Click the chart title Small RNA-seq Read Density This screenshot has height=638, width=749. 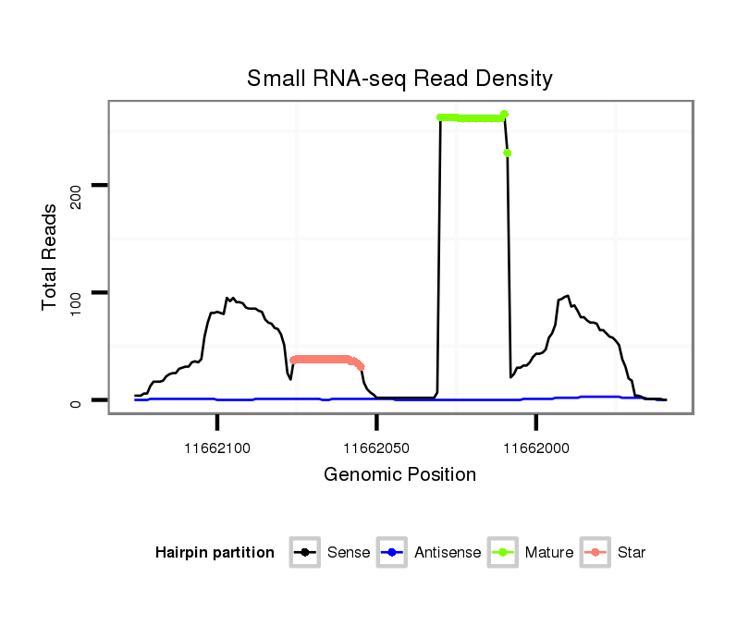tap(399, 79)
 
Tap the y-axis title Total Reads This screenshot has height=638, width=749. tap(51, 256)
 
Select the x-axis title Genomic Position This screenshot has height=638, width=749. tap(399, 475)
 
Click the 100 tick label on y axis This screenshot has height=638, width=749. tap(77, 293)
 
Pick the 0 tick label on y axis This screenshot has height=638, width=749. tap(77, 401)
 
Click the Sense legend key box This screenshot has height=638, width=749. tap(305, 553)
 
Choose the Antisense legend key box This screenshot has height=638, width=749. tap(392, 553)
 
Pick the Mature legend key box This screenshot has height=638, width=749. tap(503, 553)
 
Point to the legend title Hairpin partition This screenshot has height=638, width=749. tap(215, 553)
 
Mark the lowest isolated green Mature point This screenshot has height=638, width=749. tap(508, 153)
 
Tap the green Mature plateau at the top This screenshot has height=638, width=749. tap(472, 117)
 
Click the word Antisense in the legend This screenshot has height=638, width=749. tap(448, 553)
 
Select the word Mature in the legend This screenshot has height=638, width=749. tap(549, 553)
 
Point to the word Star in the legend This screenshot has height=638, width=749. tap(632, 553)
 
